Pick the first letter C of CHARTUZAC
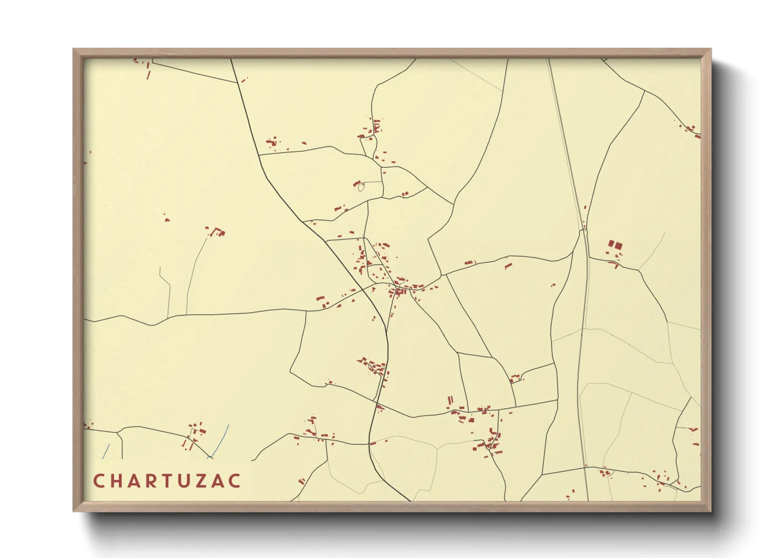pos(99,481)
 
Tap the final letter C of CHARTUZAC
pos(235,481)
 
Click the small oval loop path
pos(361,186)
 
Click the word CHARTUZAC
pos(167,481)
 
